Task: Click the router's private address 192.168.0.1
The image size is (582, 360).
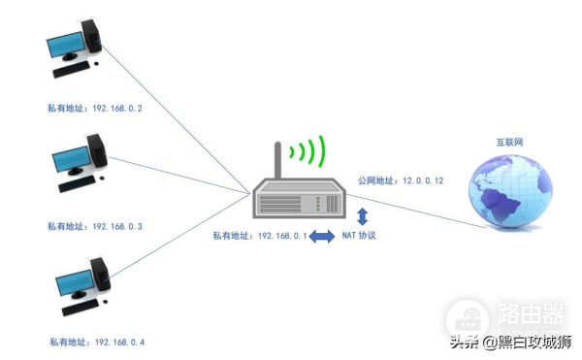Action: pyautogui.click(x=260, y=236)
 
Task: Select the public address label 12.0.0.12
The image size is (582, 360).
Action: pyautogui.click(x=400, y=180)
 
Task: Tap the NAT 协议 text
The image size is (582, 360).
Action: pyautogui.click(x=359, y=236)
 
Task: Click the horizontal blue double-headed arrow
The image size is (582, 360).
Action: pyautogui.click(x=321, y=236)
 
